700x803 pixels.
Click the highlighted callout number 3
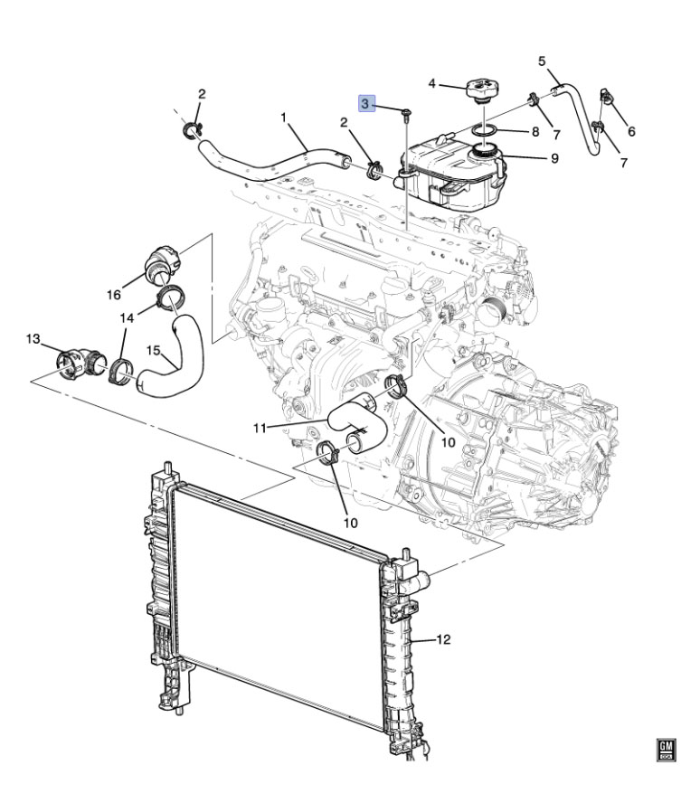click(365, 103)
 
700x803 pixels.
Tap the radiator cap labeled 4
click(483, 90)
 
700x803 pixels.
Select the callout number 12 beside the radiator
click(443, 639)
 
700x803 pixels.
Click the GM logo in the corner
click(667, 750)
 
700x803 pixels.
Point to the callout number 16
click(114, 295)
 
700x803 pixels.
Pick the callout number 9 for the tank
click(554, 159)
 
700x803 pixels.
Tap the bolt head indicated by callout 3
click(406, 111)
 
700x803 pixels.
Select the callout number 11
click(260, 428)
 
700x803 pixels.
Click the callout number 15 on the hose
click(154, 351)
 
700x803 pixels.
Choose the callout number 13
click(33, 338)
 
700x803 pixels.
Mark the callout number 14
click(127, 318)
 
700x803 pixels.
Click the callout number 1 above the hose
click(283, 118)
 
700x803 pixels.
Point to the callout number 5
click(542, 61)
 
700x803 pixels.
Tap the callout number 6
click(631, 132)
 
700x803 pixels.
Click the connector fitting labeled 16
click(162, 265)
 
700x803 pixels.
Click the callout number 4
click(431, 83)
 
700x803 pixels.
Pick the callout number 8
click(535, 132)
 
